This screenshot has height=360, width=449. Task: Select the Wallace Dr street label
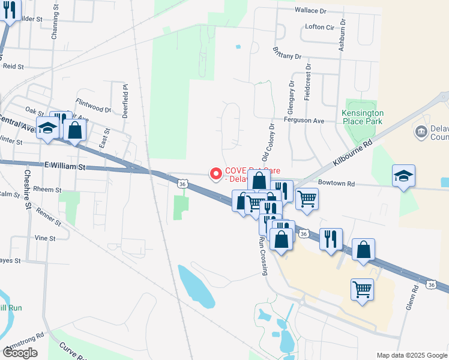pos(310,10)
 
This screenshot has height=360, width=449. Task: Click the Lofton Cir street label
pos(319,27)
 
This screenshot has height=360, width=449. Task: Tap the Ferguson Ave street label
pos(304,121)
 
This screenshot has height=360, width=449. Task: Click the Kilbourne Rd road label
pos(352,154)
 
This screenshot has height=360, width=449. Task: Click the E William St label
pos(65,165)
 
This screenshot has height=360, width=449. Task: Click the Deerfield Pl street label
pos(126,100)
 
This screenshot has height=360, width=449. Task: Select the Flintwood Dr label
pos(94,110)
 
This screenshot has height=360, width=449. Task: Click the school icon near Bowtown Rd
pos(404,175)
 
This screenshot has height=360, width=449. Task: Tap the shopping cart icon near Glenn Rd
pos(362,290)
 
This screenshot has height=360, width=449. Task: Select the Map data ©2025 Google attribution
pos(412,355)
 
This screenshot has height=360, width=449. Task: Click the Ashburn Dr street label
pos(342,35)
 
